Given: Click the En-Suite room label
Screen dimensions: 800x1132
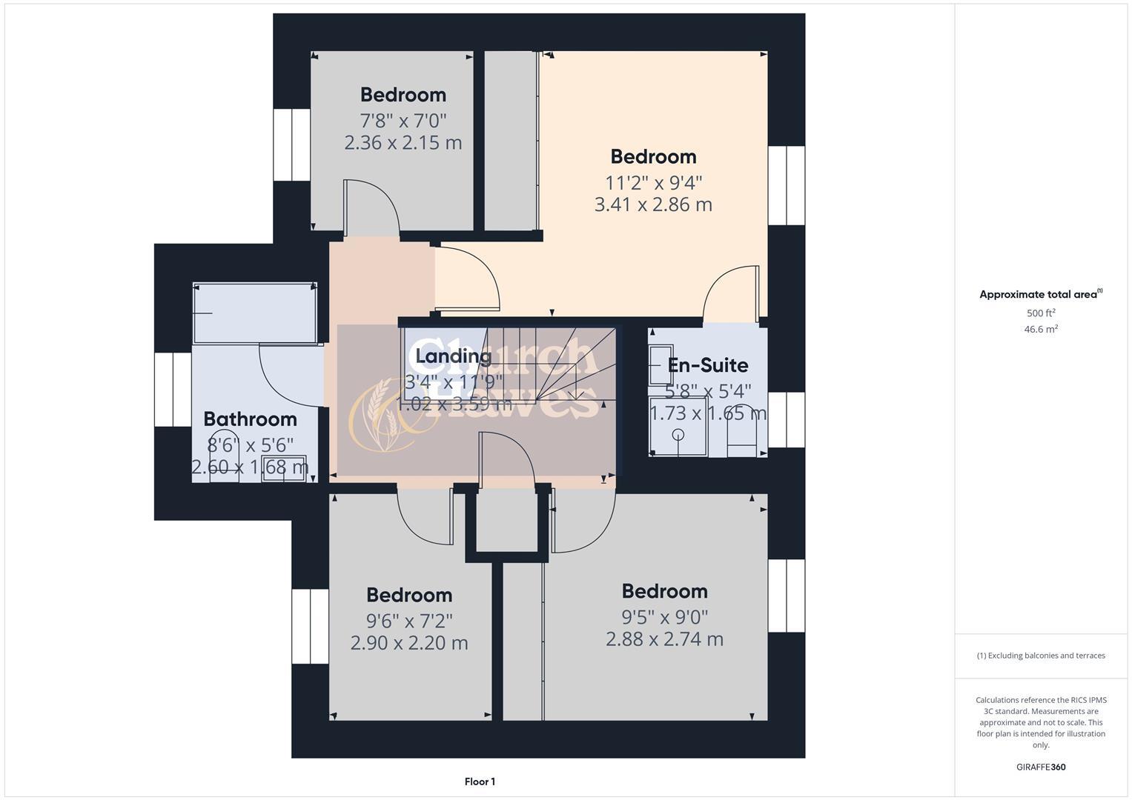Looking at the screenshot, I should [707, 365].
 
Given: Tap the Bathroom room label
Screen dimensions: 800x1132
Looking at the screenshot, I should [250, 419].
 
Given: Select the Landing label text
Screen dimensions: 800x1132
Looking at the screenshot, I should [453, 356].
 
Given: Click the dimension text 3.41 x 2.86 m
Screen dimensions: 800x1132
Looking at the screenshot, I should [652, 204].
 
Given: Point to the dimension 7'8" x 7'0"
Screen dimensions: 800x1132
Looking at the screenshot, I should [403, 120].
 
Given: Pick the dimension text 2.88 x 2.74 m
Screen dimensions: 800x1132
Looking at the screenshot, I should [663, 639].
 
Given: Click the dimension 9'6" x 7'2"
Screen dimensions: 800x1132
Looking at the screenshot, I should [408, 620].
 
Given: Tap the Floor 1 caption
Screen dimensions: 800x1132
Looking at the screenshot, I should [479, 781].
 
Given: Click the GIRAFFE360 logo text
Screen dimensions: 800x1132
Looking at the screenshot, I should [1040, 767].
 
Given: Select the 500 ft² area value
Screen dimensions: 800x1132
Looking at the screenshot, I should [1040, 313].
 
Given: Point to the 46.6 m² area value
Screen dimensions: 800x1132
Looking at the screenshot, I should [1040, 330].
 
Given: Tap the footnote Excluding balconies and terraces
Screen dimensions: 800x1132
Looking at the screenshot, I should [1040, 656].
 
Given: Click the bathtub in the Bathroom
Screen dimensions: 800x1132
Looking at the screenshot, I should [254, 313].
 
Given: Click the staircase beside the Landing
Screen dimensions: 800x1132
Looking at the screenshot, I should [563, 363].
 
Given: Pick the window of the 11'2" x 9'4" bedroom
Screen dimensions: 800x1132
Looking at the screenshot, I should [786, 185].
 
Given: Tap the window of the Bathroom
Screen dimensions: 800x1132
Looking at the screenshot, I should [173, 389].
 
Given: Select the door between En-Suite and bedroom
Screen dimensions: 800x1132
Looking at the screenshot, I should [730, 296].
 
